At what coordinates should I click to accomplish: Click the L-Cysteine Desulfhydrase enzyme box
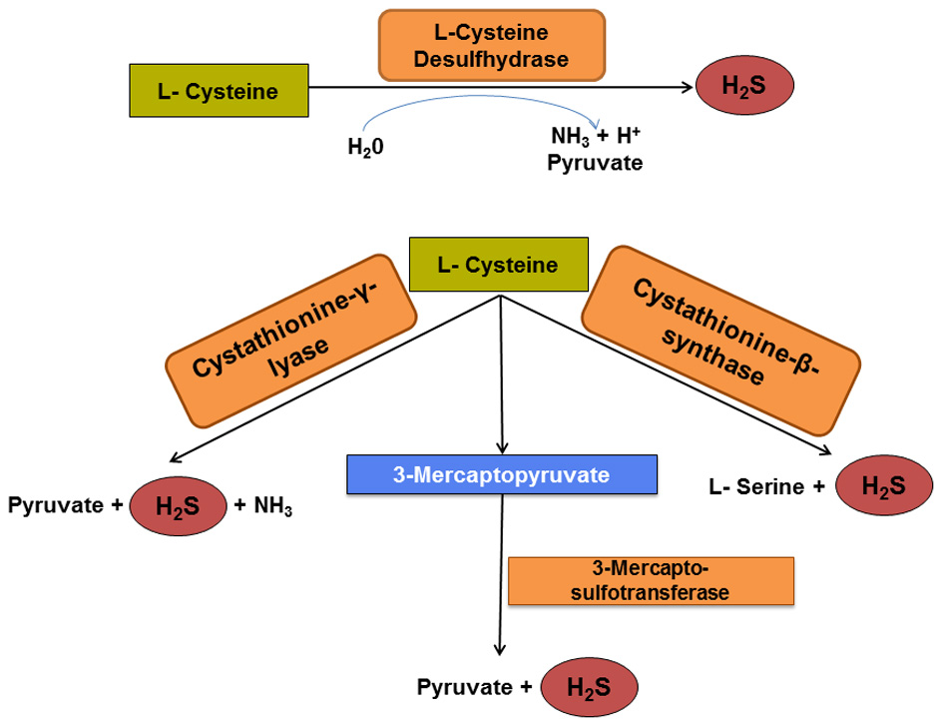[x=491, y=46]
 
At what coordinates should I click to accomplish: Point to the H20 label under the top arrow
[x=365, y=147]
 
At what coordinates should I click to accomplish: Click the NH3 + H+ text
[x=595, y=137]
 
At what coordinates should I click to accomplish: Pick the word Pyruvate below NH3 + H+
[x=595, y=161]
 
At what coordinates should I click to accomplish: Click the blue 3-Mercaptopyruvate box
[x=502, y=474]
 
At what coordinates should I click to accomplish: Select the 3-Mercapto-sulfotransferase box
[x=651, y=581]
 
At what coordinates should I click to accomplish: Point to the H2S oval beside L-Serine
[x=882, y=487]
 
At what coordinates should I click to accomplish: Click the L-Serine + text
[x=767, y=487]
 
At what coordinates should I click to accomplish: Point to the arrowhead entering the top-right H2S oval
[x=686, y=88]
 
